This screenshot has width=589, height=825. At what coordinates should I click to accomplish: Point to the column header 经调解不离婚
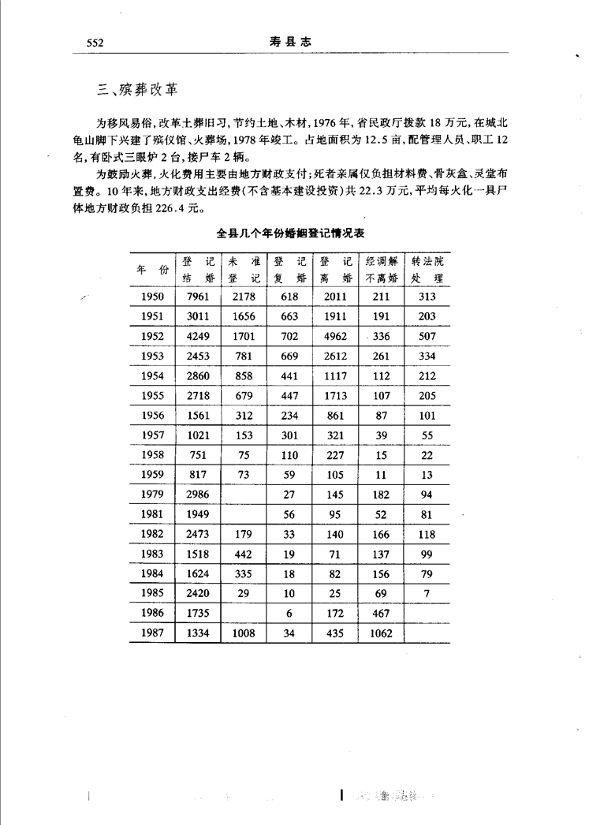tap(381, 269)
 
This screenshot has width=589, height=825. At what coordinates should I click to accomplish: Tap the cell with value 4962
tap(335, 336)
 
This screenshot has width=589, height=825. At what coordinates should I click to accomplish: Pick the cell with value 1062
tap(379, 632)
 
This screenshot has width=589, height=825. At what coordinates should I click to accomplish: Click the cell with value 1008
tap(244, 632)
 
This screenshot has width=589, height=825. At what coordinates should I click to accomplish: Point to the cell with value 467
tap(380, 612)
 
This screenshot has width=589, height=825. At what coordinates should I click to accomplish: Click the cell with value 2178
tap(244, 297)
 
